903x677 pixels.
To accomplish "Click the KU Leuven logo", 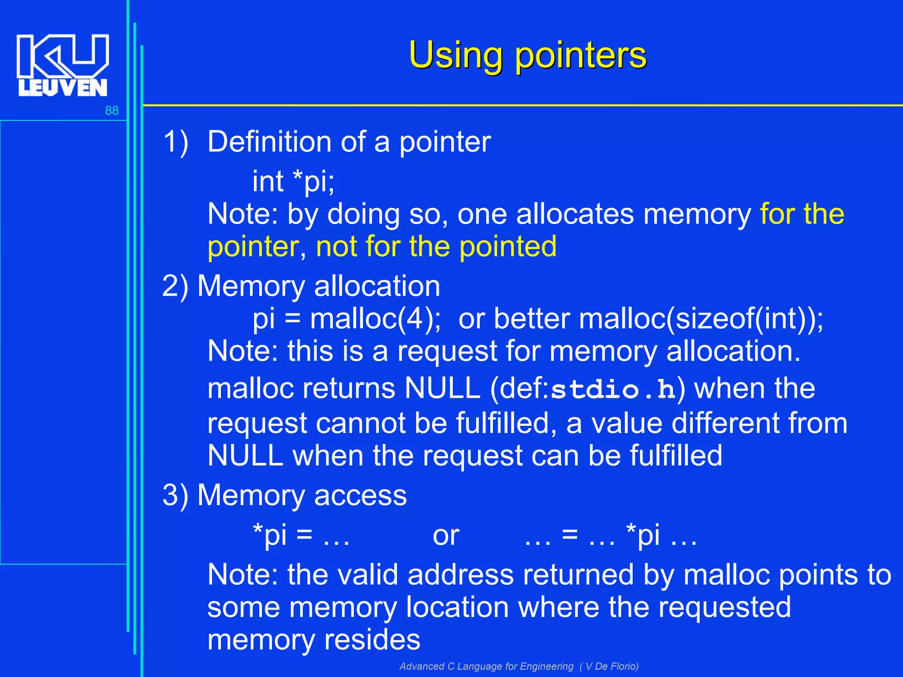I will coord(62,65).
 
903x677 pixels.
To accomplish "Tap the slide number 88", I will coord(112,111).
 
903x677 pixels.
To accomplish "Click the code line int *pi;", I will coord(293,181).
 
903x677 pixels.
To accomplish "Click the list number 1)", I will coord(175,142).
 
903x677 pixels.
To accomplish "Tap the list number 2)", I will coord(175,286).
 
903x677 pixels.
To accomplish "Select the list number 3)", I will coord(175,495).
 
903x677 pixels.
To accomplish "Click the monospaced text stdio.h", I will coord(613,390).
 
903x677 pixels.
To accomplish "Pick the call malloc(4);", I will coord(375,319).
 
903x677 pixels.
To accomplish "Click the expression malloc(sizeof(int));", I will coord(701,319).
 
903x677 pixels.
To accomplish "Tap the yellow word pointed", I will coord(508,246).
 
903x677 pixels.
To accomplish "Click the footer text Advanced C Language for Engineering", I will coord(486,666).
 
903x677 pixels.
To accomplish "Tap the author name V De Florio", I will coord(612,666).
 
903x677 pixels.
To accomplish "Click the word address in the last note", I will coord(460,575).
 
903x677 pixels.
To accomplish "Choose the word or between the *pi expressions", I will coord(446,536).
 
